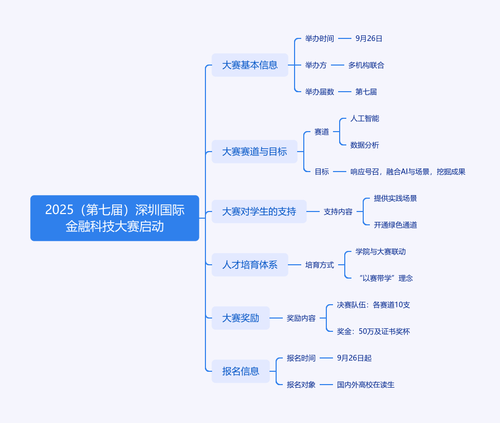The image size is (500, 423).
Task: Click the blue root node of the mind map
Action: coord(115,218)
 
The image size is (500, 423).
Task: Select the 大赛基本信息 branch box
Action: coord(250,65)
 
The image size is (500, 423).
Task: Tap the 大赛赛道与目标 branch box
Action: coord(255,152)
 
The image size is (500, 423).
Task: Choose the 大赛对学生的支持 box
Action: coord(259,211)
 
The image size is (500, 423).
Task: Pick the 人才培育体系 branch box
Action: coord(250,265)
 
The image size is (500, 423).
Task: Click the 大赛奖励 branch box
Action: coord(241,318)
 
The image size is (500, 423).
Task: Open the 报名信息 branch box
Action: coord(241,371)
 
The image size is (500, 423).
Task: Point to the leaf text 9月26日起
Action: coord(355,358)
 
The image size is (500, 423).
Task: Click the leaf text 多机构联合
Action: coord(366,65)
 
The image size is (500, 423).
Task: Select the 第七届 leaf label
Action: coord(366,92)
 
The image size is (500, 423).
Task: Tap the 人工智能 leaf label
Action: coord(365,119)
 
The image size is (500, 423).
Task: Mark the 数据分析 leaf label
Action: coord(365,145)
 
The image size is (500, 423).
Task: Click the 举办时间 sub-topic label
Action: coord(320,38)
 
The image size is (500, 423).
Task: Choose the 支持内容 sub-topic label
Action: coord(338,211)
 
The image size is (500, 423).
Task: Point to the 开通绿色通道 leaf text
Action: coord(395,225)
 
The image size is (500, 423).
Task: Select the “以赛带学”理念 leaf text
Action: coord(386,278)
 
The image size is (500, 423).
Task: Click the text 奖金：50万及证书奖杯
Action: coord(373,331)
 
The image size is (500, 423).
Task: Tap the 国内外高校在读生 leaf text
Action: coord(366,385)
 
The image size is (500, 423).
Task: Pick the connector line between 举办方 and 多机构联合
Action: coord(338,65)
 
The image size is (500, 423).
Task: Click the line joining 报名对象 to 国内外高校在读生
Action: coord(326,385)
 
